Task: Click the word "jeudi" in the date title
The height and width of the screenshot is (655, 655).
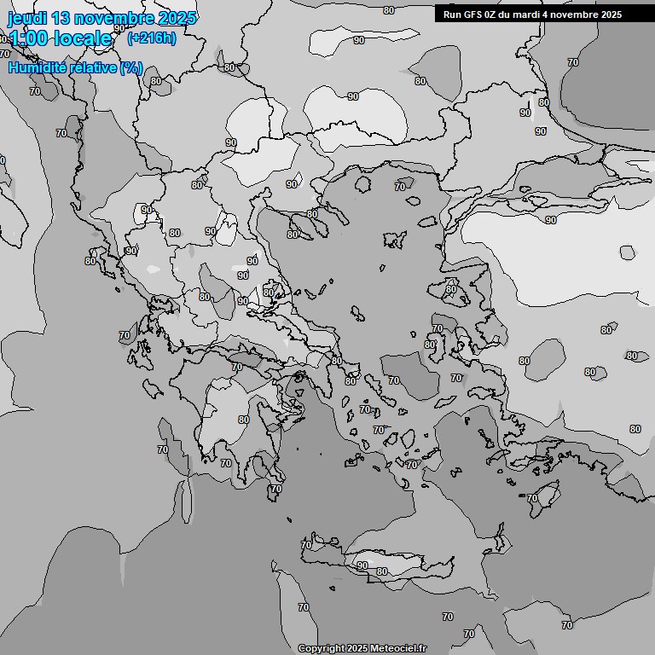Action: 26,18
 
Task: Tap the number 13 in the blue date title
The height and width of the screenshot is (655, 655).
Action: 62,18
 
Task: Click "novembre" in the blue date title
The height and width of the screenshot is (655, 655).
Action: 114,18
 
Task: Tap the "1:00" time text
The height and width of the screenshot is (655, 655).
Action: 31,38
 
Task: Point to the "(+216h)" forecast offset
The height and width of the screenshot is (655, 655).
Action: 151,38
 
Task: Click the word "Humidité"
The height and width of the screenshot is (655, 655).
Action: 39,67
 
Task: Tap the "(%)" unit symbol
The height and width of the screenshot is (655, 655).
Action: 130,67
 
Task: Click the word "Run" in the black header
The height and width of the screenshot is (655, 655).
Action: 453,14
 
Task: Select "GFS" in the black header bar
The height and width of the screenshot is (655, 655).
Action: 473,14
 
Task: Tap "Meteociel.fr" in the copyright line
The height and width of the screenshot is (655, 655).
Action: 398,648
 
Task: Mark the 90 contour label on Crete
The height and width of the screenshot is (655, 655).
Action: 362,565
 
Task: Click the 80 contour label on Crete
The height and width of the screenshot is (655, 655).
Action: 382,571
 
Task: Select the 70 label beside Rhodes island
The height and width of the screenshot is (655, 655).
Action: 532,498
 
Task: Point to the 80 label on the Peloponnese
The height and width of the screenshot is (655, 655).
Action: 244,420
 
